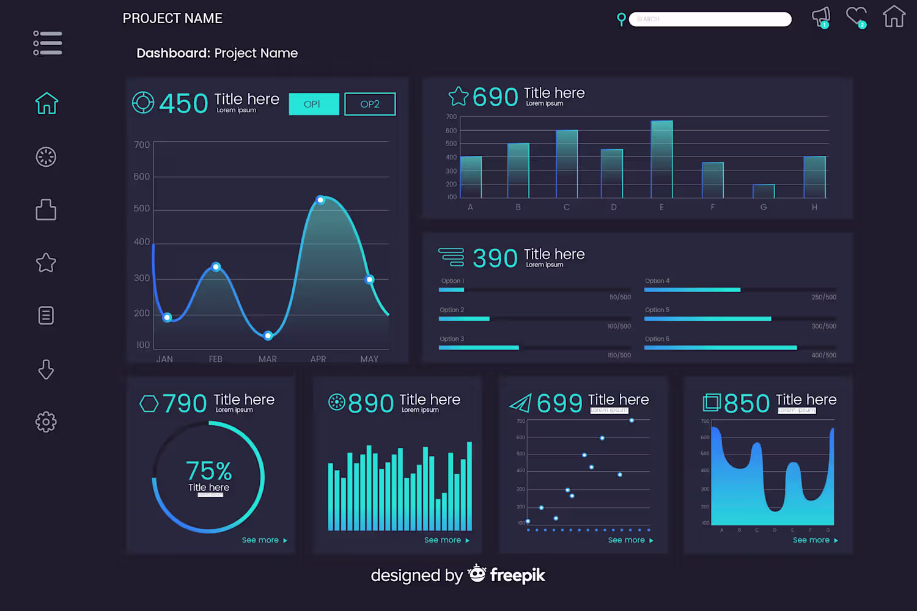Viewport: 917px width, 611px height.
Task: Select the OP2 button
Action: pos(370,104)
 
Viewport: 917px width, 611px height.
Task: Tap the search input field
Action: pos(710,20)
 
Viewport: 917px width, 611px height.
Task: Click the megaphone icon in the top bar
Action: pos(821,16)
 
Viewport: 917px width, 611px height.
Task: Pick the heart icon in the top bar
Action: pos(856,16)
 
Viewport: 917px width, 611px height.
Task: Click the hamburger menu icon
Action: pos(48,43)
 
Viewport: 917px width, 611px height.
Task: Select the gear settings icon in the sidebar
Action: pos(46,422)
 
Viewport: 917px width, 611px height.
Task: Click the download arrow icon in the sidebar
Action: pos(46,369)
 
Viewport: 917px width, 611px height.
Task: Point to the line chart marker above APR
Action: pos(320,200)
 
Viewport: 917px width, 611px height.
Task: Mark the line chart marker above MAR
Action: pos(268,335)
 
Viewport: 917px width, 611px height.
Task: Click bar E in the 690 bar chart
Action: pos(661,159)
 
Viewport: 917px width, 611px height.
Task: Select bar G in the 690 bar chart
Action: pos(764,191)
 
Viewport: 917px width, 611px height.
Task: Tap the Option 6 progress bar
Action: pos(720,348)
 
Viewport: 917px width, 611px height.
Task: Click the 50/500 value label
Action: pos(620,298)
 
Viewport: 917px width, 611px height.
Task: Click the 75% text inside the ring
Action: pos(208,471)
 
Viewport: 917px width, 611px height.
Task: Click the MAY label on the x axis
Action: pos(369,359)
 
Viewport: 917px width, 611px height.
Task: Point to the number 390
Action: pos(495,258)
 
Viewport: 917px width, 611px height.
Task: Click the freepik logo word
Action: pos(517,575)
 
